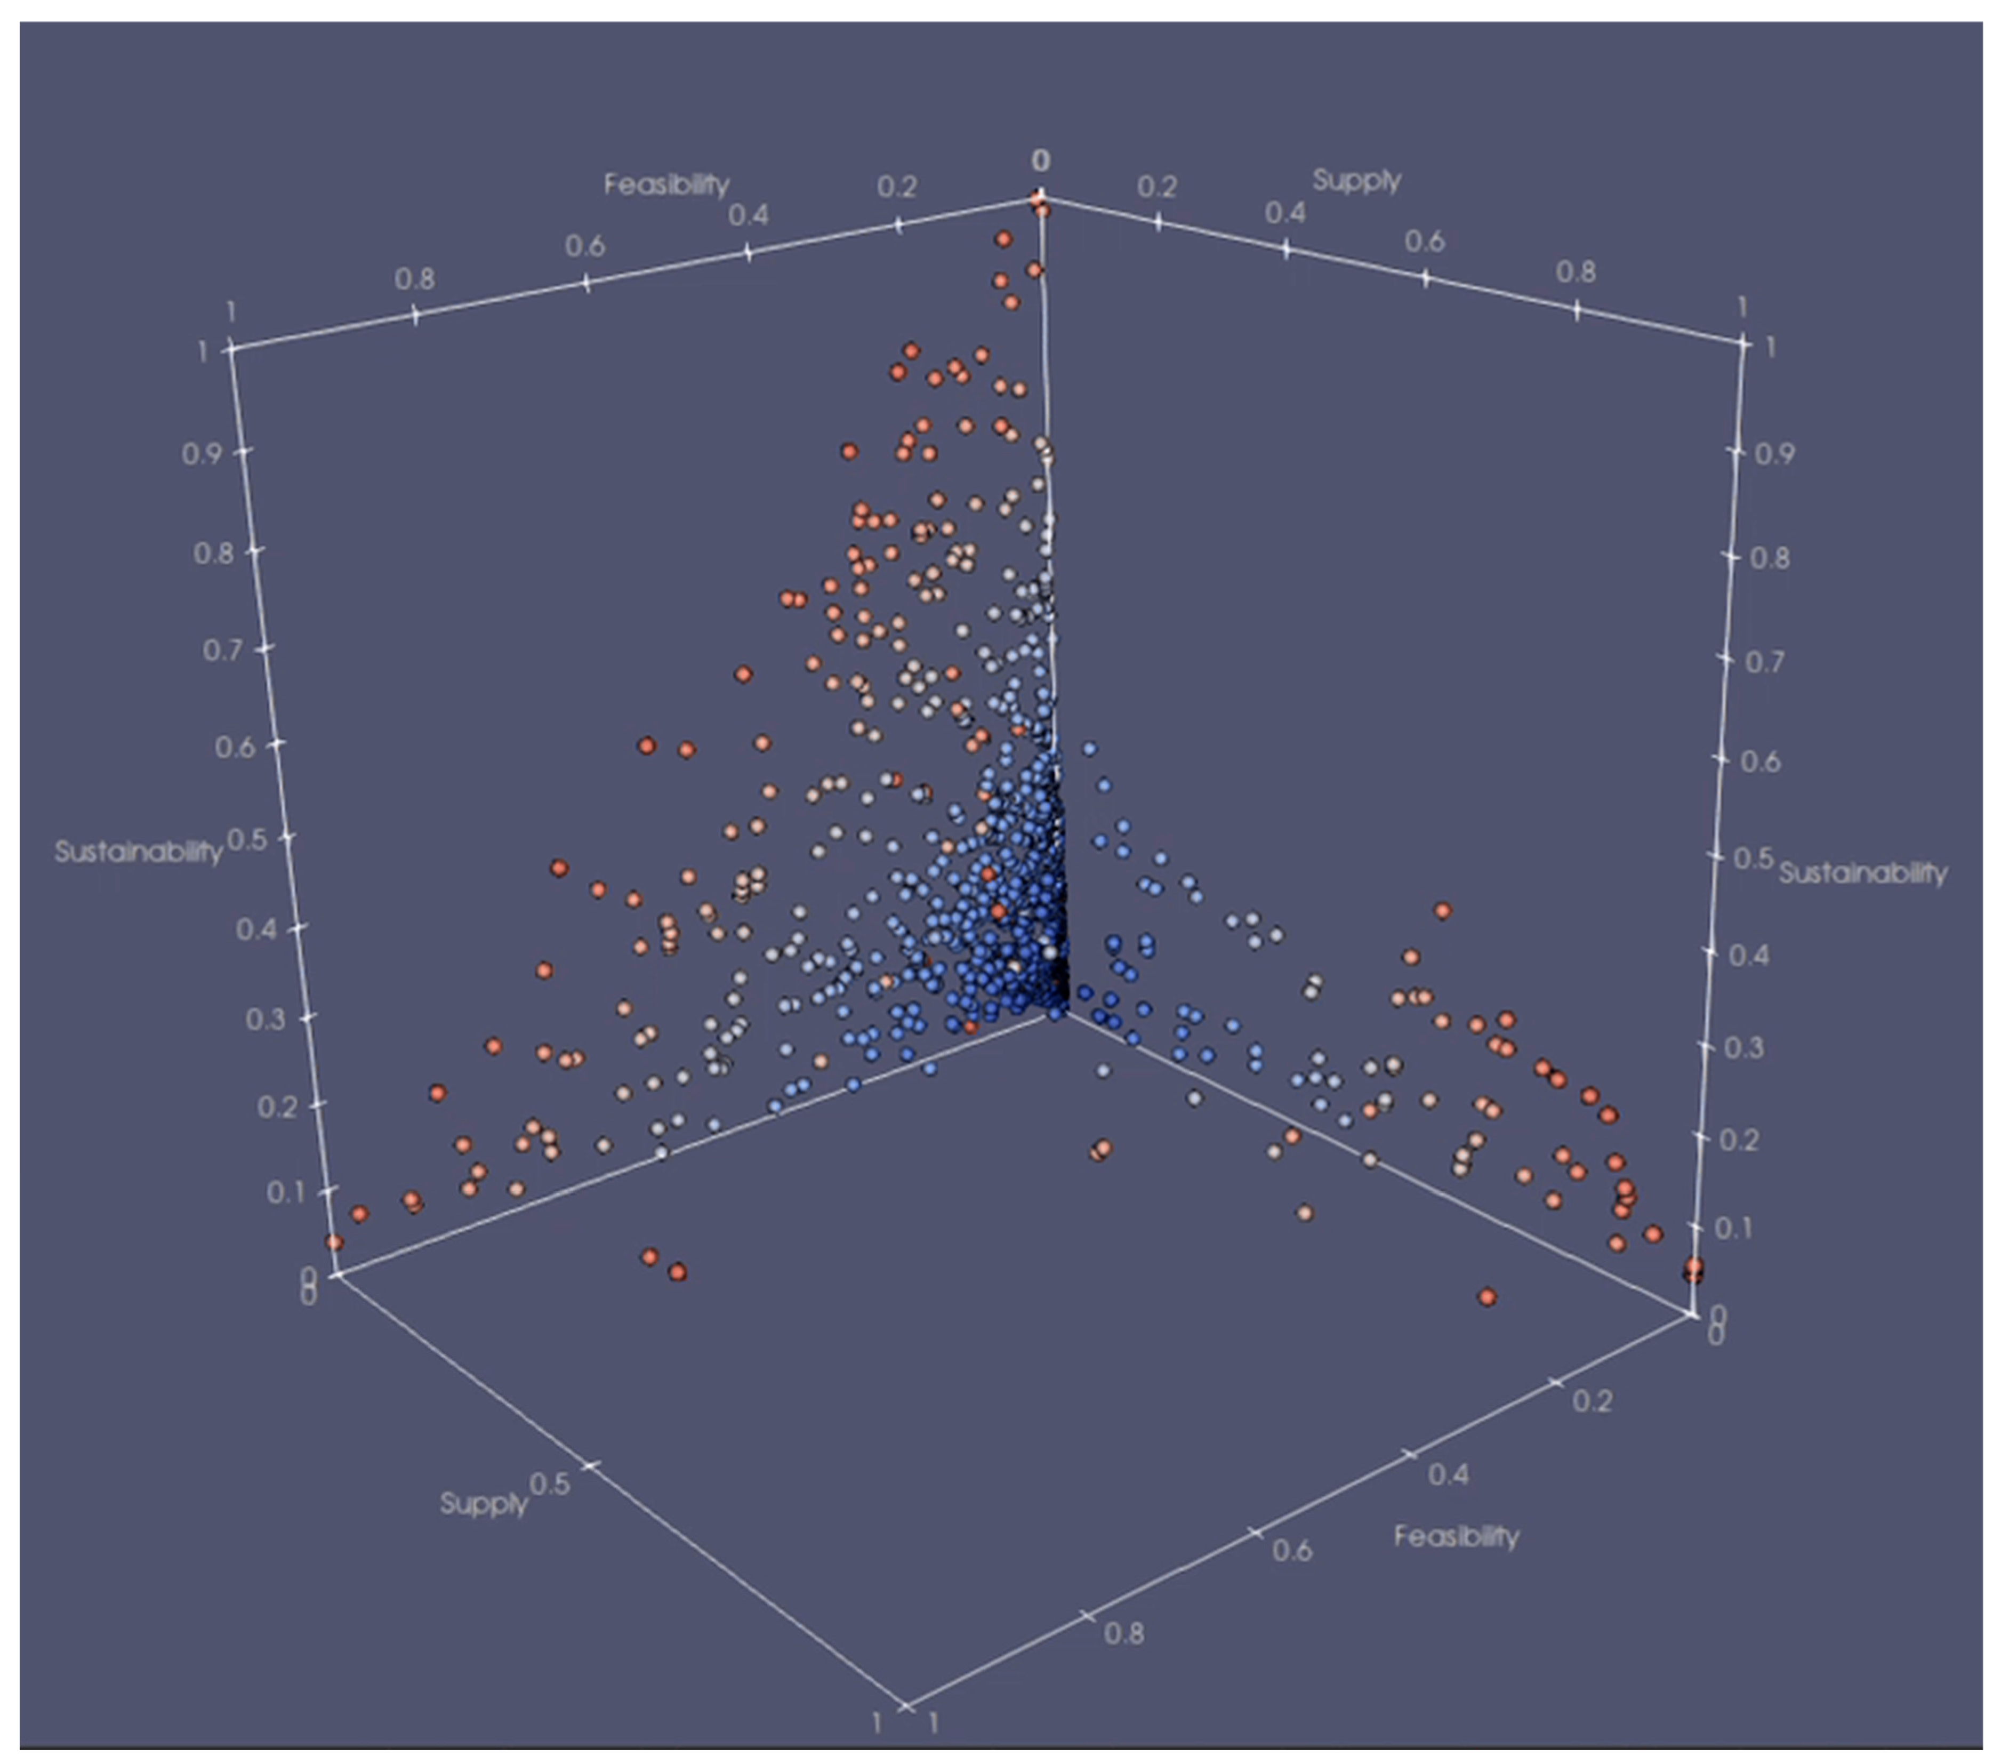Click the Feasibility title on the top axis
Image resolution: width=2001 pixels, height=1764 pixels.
[x=666, y=184]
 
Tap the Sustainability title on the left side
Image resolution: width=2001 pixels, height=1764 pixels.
[x=138, y=852]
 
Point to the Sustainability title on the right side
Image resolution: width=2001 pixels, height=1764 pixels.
[x=1862, y=873]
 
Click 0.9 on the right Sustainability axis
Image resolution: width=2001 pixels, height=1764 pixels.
[x=1774, y=454]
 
